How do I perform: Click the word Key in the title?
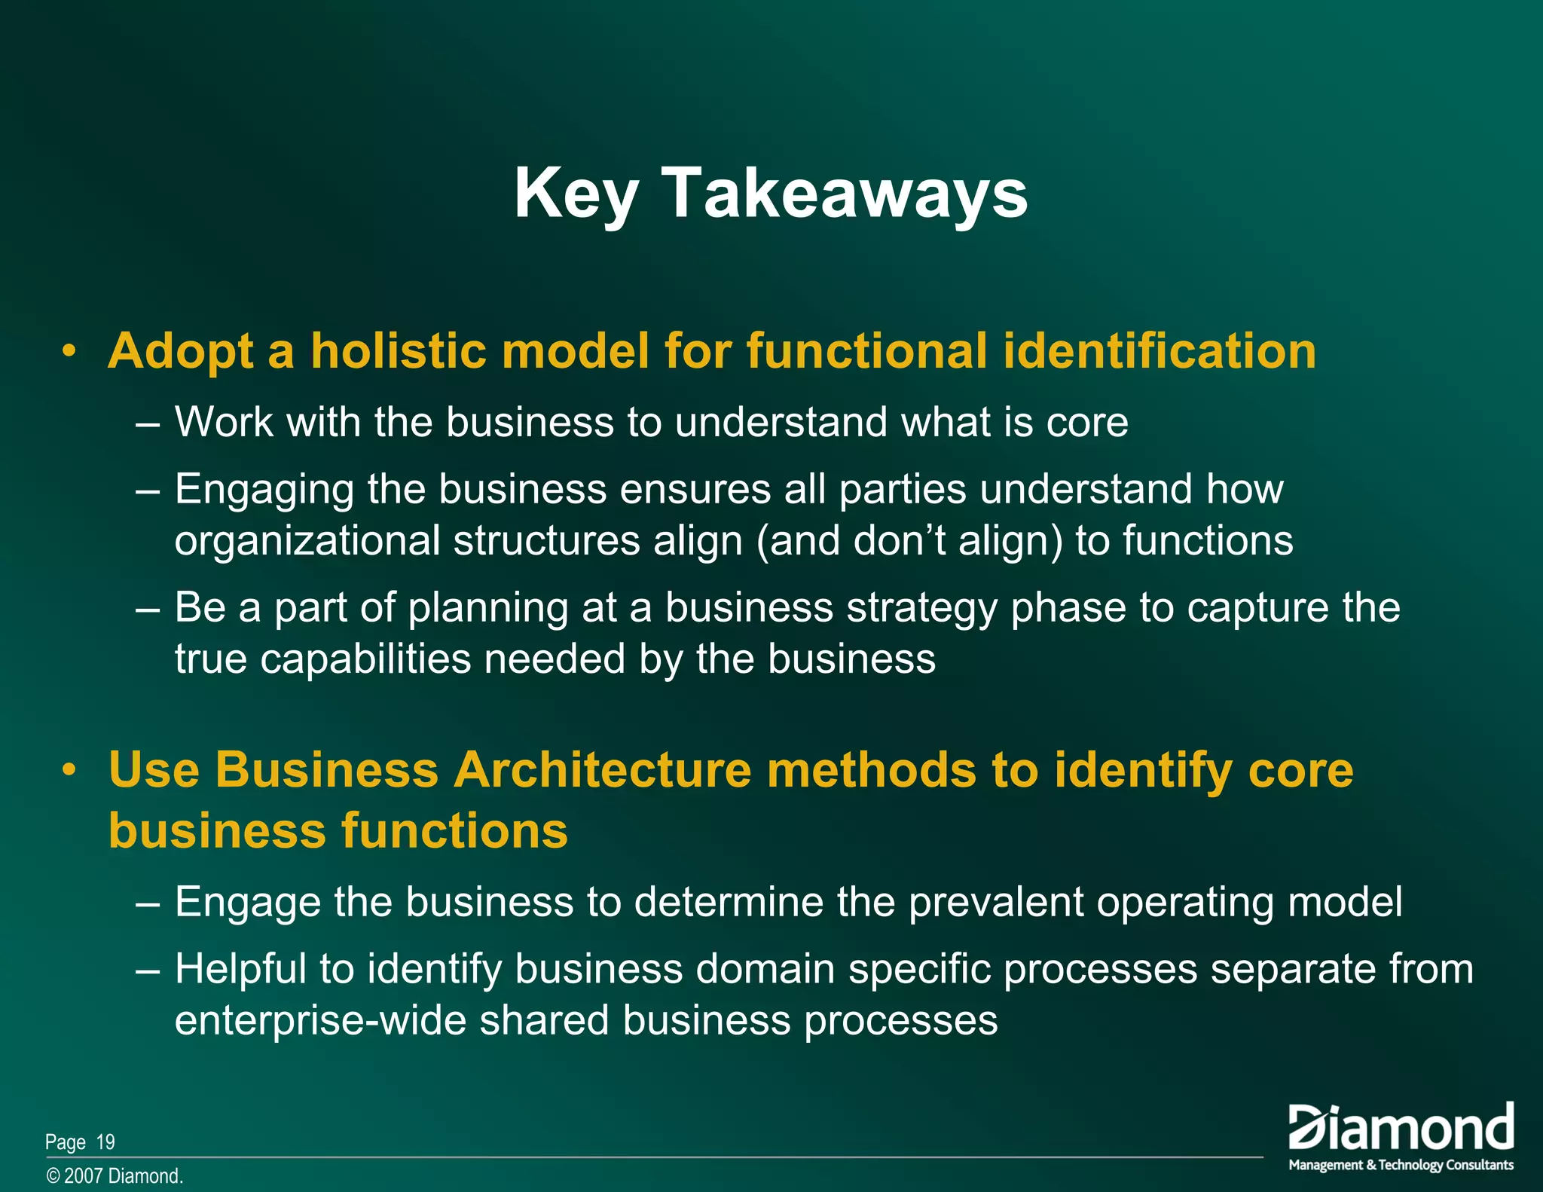(576, 194)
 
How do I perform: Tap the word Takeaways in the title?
(844, 194)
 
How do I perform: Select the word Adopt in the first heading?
(181, 352)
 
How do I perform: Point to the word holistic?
(399, 352)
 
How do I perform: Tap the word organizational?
(307, 542)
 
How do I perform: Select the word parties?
(903, 490)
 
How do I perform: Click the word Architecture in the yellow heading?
(603, 770)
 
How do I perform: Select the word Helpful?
(240, 969)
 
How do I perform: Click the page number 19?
(105, 1142)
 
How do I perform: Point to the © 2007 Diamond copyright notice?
(115, 1176)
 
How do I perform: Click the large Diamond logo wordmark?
(1401, 1128)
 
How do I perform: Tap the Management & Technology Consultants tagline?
(1401, 1165)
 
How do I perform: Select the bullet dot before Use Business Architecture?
(69, 770)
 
